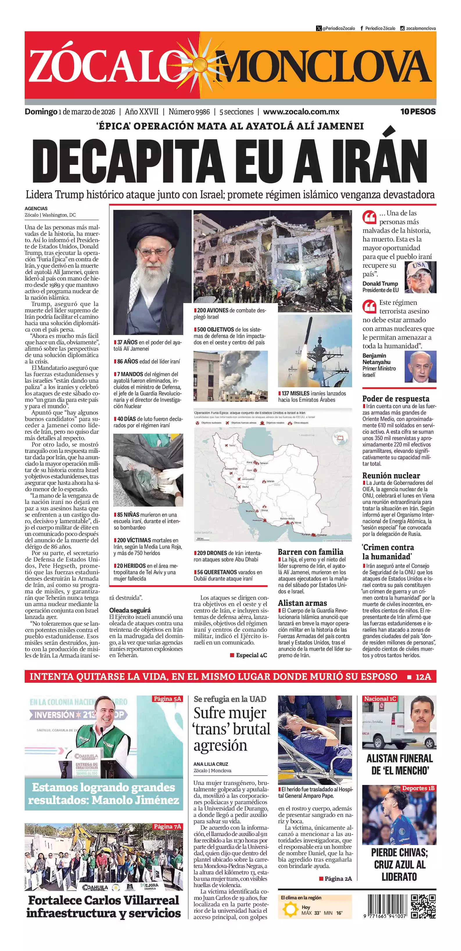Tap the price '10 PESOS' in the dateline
[x=418, y=111]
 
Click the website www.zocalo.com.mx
[x=301, y=111]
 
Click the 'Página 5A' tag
[x=167, y=698]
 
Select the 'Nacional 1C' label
[x=380, y=698]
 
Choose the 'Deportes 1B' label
[x=418, y=788]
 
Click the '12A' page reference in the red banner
[x=423, y=677]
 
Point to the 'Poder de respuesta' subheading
[x=396, y=399]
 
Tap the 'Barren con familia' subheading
[x=310, y=552]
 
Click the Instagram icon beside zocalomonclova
[x=402, y=28]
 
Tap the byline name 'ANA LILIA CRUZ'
[x=211, y=764]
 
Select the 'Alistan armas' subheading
[x=302, y=603]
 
